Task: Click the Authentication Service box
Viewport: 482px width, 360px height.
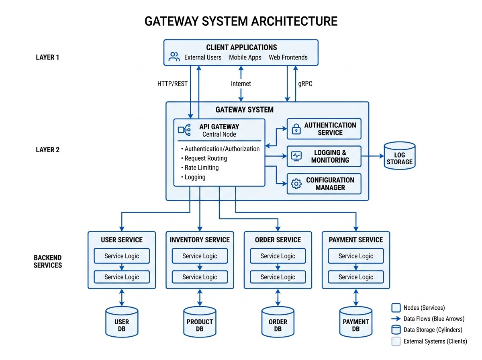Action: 324,129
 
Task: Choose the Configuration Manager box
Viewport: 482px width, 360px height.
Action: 324,184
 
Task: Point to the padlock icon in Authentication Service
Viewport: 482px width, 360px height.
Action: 296,129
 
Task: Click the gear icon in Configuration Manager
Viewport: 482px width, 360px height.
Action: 296,184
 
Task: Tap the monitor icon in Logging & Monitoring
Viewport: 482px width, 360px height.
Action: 296,156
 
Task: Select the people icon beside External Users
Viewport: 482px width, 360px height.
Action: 174,57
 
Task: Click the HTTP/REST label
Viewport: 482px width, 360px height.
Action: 172,84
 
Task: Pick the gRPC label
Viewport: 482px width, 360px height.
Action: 305,84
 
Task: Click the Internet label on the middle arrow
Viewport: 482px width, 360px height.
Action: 241,84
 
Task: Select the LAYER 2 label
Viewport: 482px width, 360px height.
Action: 47,150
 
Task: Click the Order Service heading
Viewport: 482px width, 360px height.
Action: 278,240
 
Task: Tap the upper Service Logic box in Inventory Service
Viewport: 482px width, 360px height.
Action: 200,256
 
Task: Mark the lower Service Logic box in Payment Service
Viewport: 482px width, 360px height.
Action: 355,277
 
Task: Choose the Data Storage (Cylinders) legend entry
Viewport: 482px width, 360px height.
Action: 427,330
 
